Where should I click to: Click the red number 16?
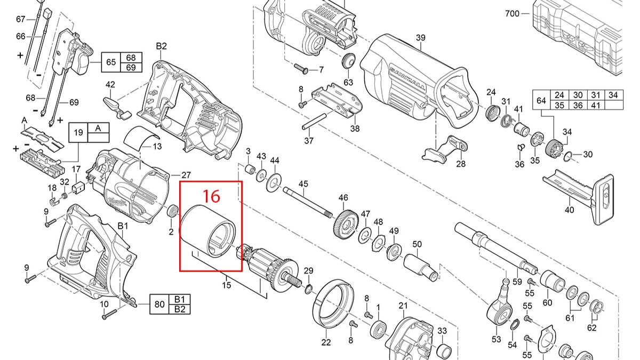[x=212, y=196]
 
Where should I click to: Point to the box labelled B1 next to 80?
[x=179, y=299]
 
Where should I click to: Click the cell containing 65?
[x=111, y=62]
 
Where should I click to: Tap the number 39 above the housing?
[x=420, y=37]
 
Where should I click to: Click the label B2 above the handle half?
[x=162, y=46]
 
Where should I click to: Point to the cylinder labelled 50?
[x=421, y=265]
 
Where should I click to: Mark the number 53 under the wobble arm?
[x=496, y=339]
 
